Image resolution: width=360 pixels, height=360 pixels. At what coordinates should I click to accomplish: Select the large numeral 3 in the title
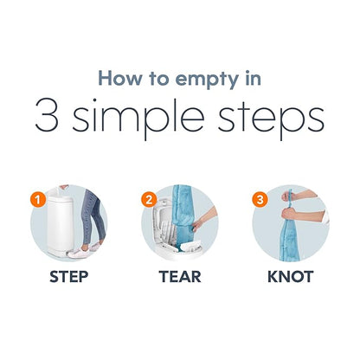[x=47, y=115]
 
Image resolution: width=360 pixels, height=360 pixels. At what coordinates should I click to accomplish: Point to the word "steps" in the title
[x=271, y=119]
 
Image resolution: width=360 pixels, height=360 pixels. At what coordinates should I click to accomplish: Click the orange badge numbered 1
[x=38, y=199]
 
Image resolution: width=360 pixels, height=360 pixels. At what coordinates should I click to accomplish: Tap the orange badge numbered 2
[x=149, y=199]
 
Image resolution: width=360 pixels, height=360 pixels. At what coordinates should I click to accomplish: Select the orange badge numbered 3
[x=260, y=199]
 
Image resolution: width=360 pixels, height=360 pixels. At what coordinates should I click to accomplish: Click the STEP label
[x=69, y=277]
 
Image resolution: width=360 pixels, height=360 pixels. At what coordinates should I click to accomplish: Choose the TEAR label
[x=180, y=277]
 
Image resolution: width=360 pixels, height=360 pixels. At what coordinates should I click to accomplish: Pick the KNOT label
[x=291, y=277]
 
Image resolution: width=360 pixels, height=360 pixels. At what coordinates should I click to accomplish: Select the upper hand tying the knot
[x=288, y=196]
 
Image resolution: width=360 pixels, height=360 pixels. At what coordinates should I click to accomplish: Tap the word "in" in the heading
[x=253, y=78]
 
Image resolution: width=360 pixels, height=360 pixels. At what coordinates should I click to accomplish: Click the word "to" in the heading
[x=159, y=79]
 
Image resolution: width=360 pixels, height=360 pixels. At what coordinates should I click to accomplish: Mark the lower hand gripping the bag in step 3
[x=290, y=214]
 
